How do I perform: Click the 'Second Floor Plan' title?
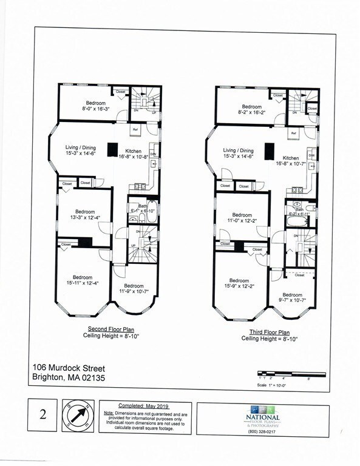[x=110, y=329]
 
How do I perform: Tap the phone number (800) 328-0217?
[x=263, y=431]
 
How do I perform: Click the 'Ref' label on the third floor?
[x=294, y=133]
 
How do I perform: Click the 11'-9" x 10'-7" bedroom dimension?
[x=134, y=291]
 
